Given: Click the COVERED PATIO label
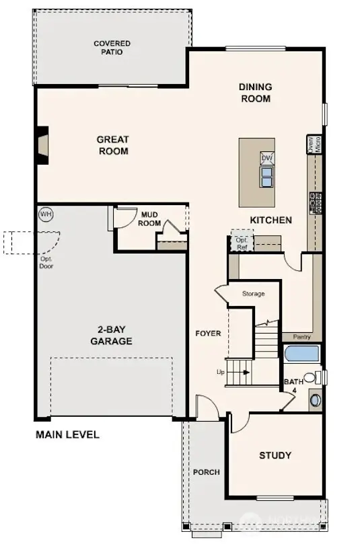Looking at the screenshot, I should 112,48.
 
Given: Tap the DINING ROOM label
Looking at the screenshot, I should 256,93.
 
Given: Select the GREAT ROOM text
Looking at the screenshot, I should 112,145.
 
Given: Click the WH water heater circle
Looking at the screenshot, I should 46,215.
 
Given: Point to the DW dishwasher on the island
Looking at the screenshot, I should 267,159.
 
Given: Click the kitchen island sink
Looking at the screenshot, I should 267,176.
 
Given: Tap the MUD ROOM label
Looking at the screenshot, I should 149,219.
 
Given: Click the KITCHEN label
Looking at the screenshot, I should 271,220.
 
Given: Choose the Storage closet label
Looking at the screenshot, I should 253,294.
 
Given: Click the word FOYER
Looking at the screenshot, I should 208,334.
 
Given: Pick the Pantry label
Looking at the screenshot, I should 301,337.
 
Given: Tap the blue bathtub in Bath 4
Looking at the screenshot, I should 301,354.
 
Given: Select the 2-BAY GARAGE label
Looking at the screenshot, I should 111,336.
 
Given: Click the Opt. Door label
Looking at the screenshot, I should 46,262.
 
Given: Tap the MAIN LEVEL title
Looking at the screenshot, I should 67,434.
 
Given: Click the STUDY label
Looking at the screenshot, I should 275,455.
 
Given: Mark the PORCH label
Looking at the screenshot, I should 206,472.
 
